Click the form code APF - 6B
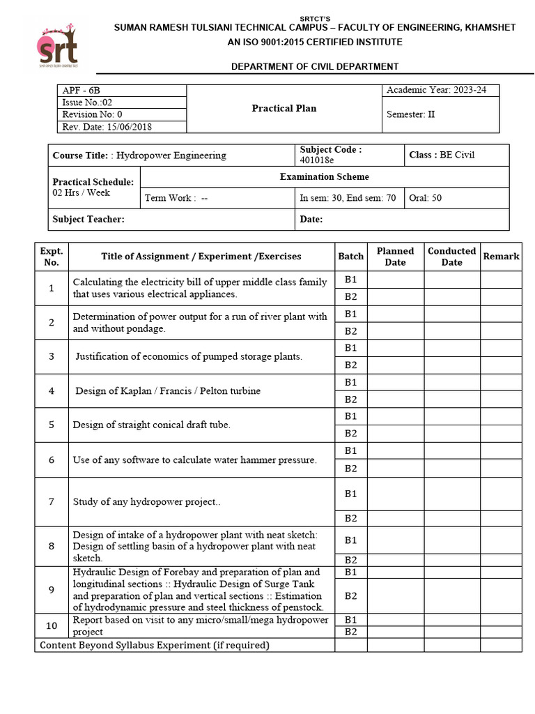tap(77, 91)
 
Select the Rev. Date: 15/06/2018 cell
tap(107, 127)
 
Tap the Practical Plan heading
tap(284, 108)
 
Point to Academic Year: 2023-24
tap(440, 91)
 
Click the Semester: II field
tap(410, 114)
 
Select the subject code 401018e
tap(317, 160)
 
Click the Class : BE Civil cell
tap(442, 155)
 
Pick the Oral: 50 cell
tap(426, 198)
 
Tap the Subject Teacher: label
tap(88, 220)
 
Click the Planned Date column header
tap(395, 257)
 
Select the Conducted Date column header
tap(451, 257)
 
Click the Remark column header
tap(501, 257)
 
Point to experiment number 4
tap(52, 391)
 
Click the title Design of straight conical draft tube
tap(151, 425)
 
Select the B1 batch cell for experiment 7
tap(350, 494)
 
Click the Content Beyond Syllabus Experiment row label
tap(154, 646)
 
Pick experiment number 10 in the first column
tap(52, 625)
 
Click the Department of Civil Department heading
tap(315, 66)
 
